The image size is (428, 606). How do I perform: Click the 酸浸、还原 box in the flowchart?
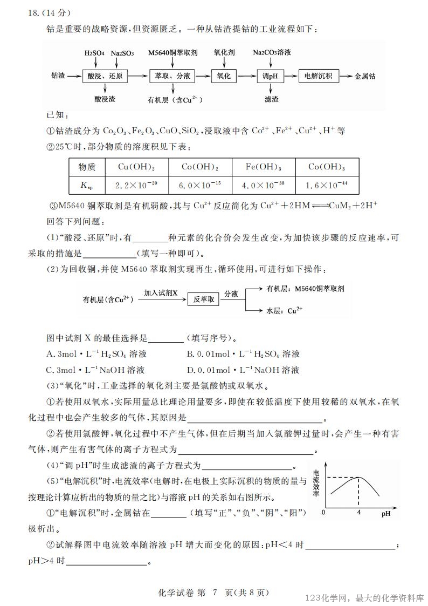[105, 77]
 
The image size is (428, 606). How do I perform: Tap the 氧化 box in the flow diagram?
[223, 77]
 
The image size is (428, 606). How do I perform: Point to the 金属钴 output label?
[367, 77]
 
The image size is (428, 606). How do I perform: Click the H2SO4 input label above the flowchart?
[94, 53]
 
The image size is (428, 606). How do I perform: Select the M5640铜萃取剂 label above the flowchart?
[172, 53]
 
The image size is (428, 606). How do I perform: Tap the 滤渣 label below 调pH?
[272, 99]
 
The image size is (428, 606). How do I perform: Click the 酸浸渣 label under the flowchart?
[105, 99]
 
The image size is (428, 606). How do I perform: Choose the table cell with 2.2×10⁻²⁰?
[136, 185]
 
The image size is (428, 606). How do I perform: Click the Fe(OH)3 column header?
[264, 167]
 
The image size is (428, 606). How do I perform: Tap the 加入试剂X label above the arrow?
[160, 292]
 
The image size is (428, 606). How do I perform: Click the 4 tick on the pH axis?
[358, 513]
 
